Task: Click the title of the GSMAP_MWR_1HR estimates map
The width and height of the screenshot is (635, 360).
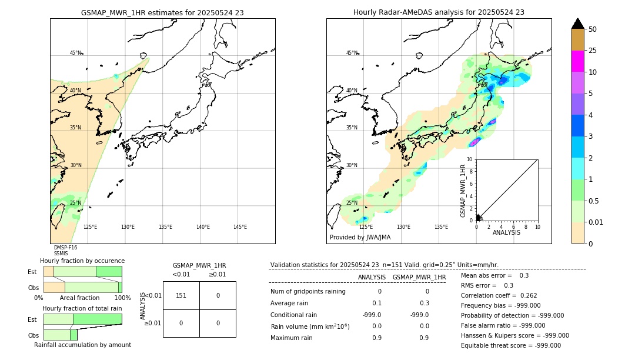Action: click(x=162, y=12)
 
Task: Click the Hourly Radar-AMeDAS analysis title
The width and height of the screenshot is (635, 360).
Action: click(x=439, y=12)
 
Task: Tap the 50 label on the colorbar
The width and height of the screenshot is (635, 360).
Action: click(x=593, y=29)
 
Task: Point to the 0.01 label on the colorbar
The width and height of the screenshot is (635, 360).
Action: click(x=596, y=222)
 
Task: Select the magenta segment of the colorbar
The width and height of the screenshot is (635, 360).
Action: click(x=577, y=61)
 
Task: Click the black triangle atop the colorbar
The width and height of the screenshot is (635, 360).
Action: click(x=577, y=24)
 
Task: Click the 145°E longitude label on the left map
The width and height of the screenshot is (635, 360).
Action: click(x=240, y=227)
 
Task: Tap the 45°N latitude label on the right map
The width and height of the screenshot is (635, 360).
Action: click(x=351, y=53)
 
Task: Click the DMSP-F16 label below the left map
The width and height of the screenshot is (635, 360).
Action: click(x=65, y=248)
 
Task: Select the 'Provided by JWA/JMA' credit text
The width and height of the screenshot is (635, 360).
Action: click(x=360, y=238)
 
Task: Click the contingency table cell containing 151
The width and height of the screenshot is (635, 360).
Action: click(x=181, y=295)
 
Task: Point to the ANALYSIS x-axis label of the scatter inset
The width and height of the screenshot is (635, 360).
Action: click(x=506, y=233)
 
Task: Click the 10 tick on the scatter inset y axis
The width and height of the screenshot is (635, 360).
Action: click(x=469, y=159)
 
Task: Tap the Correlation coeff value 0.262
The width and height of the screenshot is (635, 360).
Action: click(x=529, y=296)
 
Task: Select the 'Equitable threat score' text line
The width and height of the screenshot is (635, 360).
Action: click(x=511, y=345)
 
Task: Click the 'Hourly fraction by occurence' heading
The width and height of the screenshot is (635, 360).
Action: click(x=82, y=261)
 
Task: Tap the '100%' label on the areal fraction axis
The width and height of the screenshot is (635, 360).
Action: click(x=122, y=298)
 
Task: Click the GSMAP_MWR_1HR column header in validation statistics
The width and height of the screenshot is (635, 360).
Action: click(x=419, y=277)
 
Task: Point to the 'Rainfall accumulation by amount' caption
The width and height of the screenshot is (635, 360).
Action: click(x=82, y=345)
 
